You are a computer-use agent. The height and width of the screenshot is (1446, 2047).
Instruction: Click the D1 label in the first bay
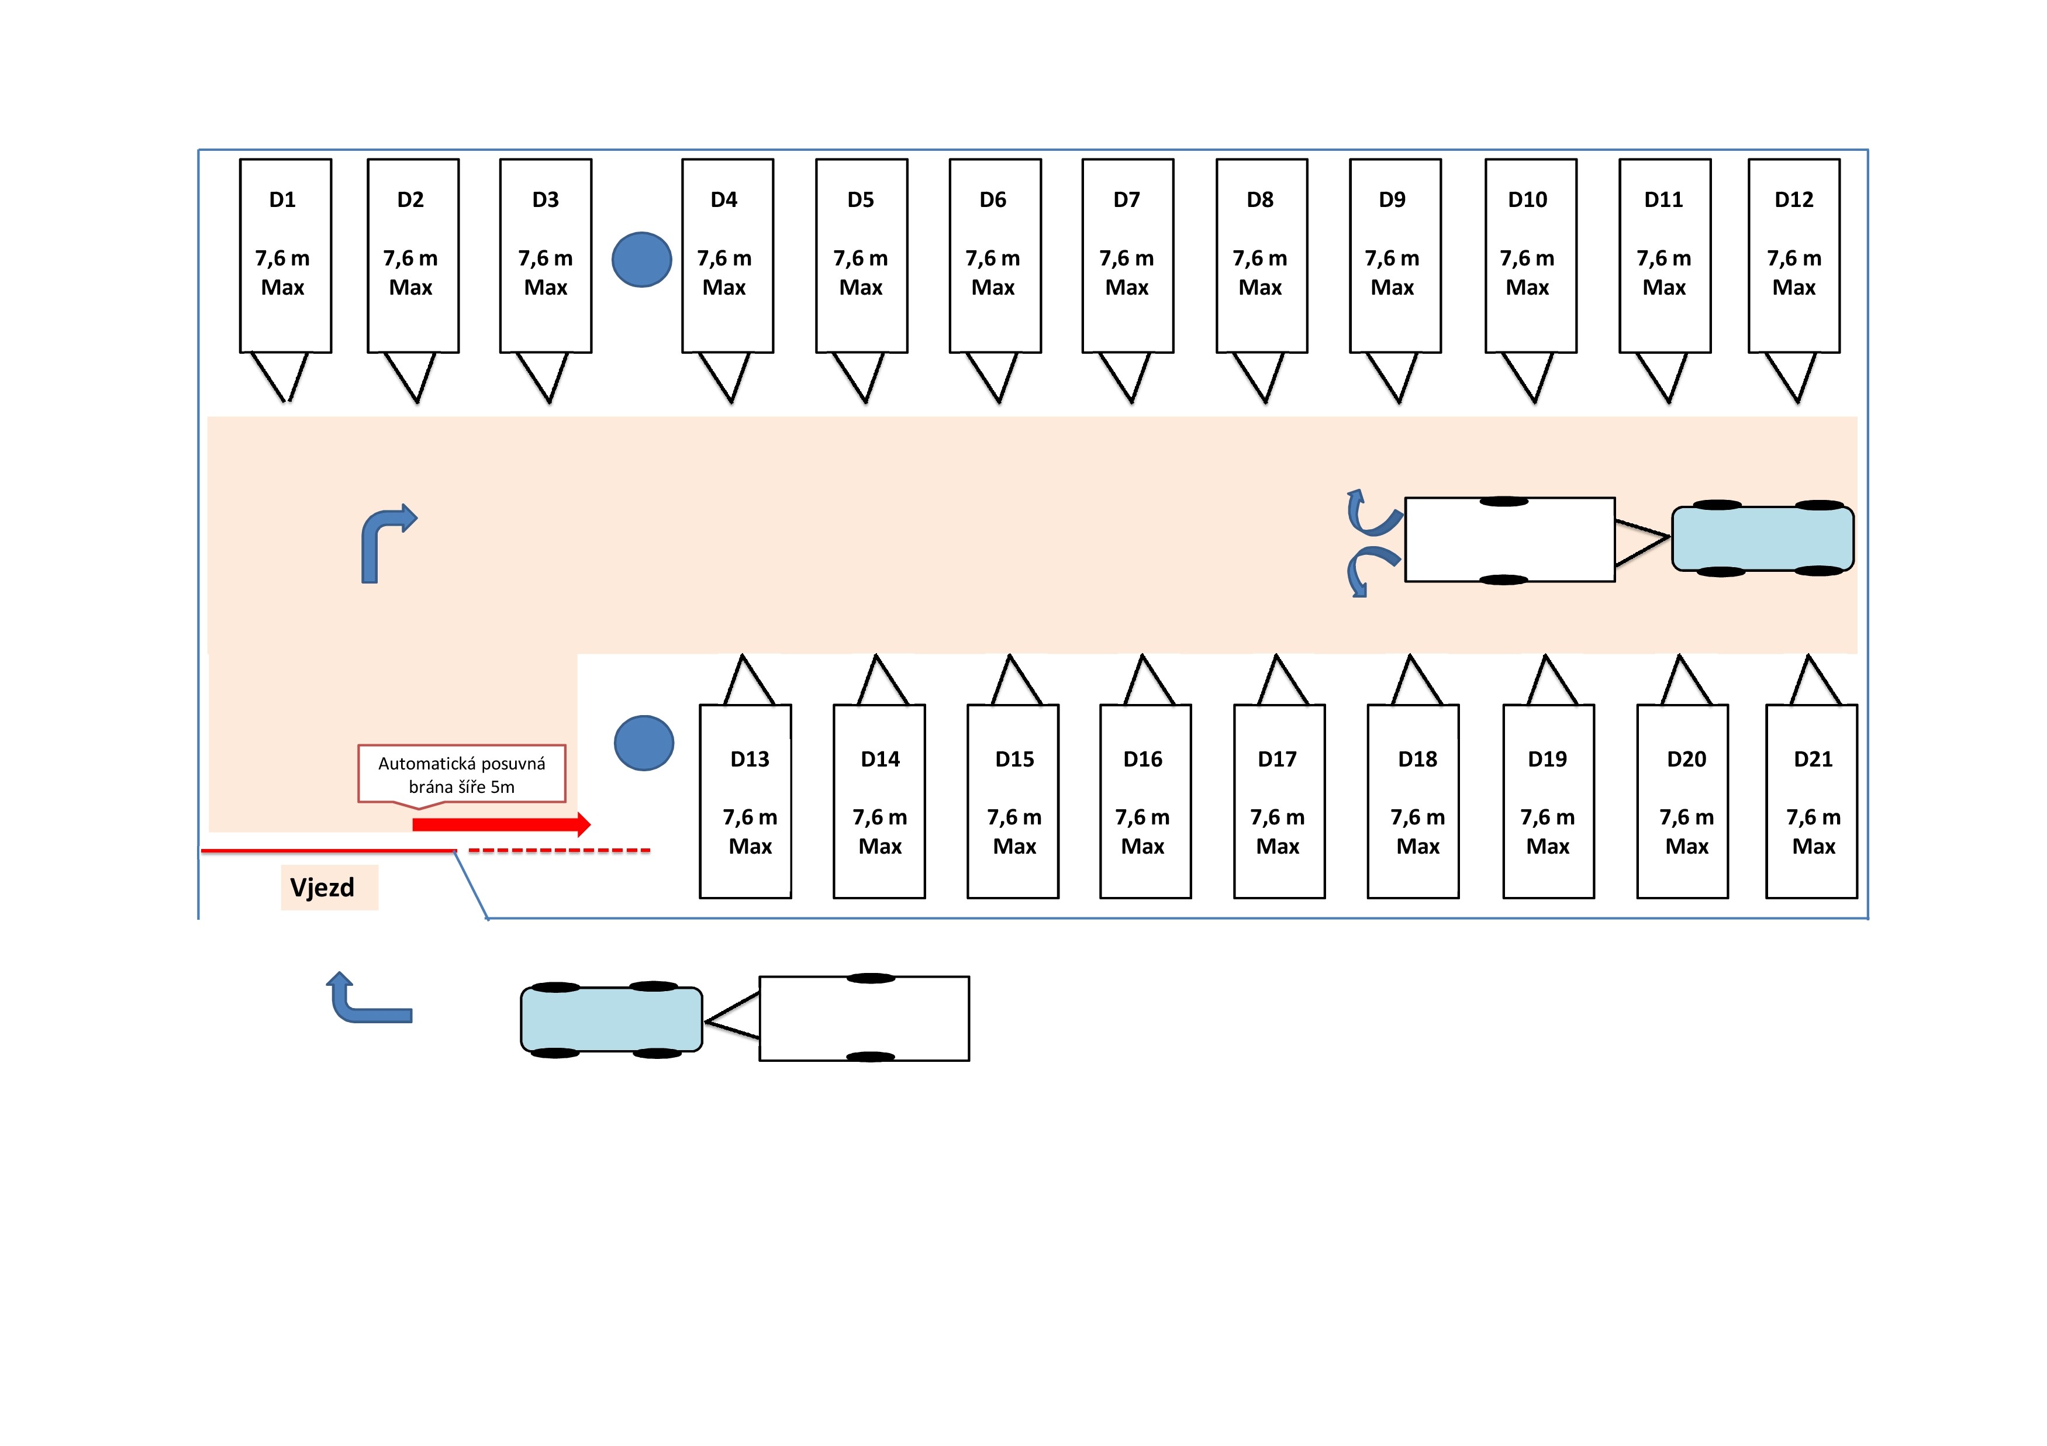click(x=282, y=200)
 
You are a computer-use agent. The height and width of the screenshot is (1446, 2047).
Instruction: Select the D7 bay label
click(x=1126, y=200)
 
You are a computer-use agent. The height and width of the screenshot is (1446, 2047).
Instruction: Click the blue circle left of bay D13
click(x=644, y=743)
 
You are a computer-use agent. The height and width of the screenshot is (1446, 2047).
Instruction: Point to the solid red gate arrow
click(x=501, y=824)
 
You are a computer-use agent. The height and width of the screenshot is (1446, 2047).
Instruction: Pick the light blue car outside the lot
click(x=612, y=1019)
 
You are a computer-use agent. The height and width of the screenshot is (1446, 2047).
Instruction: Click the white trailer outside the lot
click(x=864, y=1018)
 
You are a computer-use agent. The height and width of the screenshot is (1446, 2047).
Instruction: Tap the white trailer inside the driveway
click(x=1510, y=539)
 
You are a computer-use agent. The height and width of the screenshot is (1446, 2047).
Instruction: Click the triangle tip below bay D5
click(x=864, y=403)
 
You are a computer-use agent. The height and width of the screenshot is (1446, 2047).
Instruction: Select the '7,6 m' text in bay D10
click(x=1527, y=258)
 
